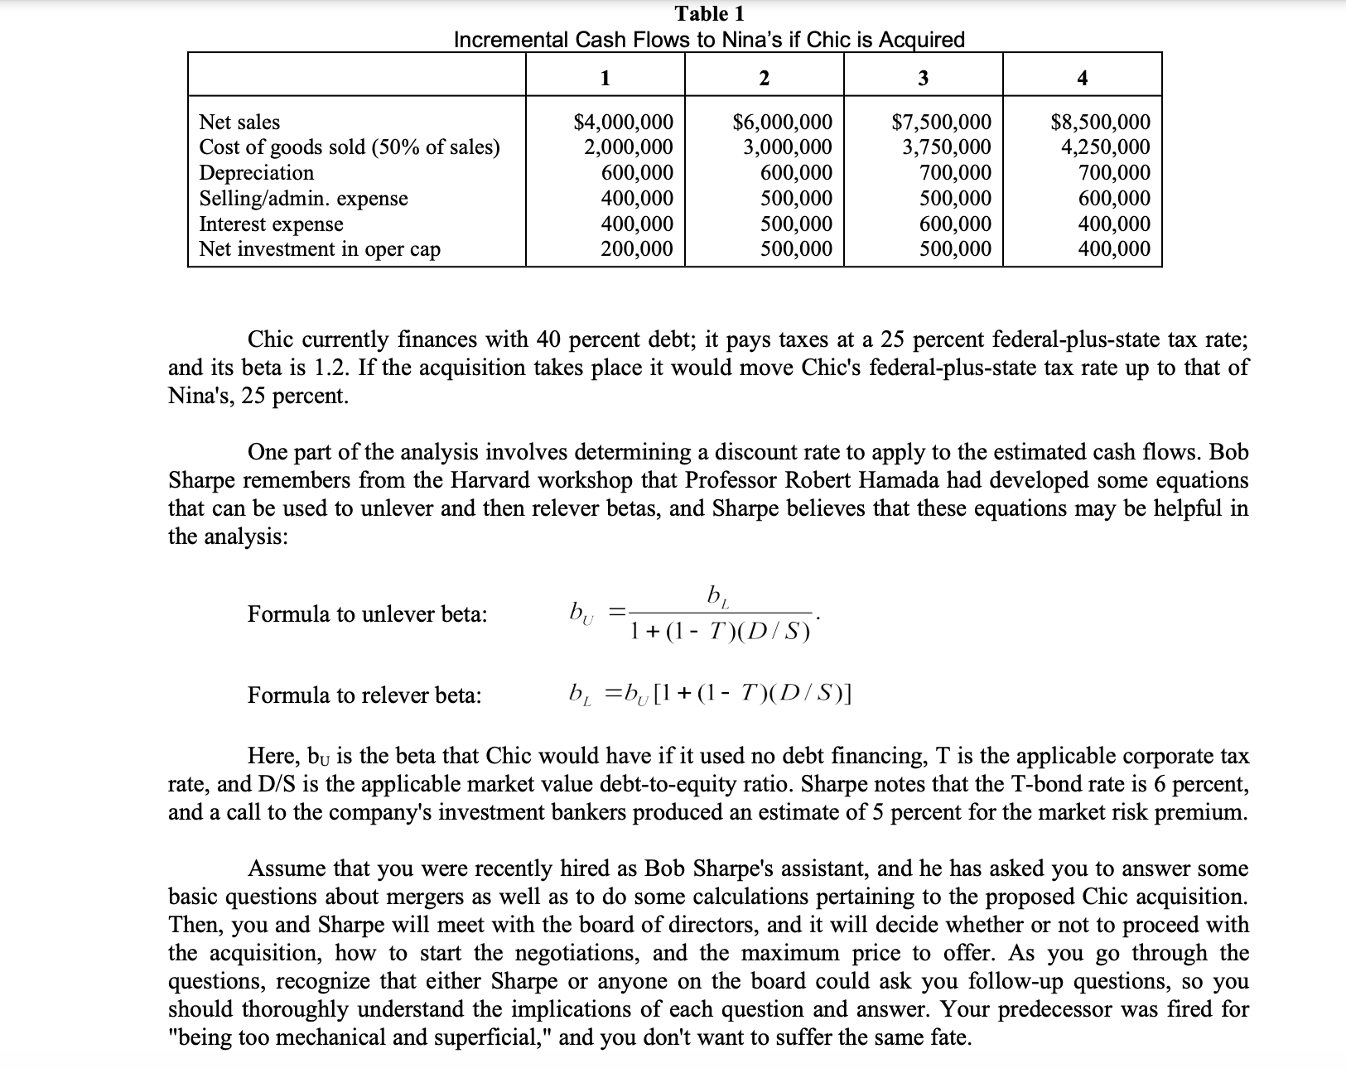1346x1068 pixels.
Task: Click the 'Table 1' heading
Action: pos(709,14)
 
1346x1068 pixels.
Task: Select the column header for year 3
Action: pos(923,79)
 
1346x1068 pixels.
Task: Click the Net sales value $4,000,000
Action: pos(623,123)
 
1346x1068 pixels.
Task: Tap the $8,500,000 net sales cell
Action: pos(1100,123)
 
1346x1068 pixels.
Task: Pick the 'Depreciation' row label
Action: pos(257,173)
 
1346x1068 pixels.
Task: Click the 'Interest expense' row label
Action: pos(271,224)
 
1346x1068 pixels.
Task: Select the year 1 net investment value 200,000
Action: pos(636,249)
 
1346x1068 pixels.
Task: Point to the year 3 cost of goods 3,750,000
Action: pos(946,147)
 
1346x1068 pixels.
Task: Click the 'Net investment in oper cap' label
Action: pos(320,249)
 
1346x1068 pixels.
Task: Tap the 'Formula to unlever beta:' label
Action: pos(367,614)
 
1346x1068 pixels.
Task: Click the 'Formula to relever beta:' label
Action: pos(364,695)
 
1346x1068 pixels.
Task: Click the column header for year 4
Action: pos(1082,79)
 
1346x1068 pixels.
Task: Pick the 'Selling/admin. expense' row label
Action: pos(303,199)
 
